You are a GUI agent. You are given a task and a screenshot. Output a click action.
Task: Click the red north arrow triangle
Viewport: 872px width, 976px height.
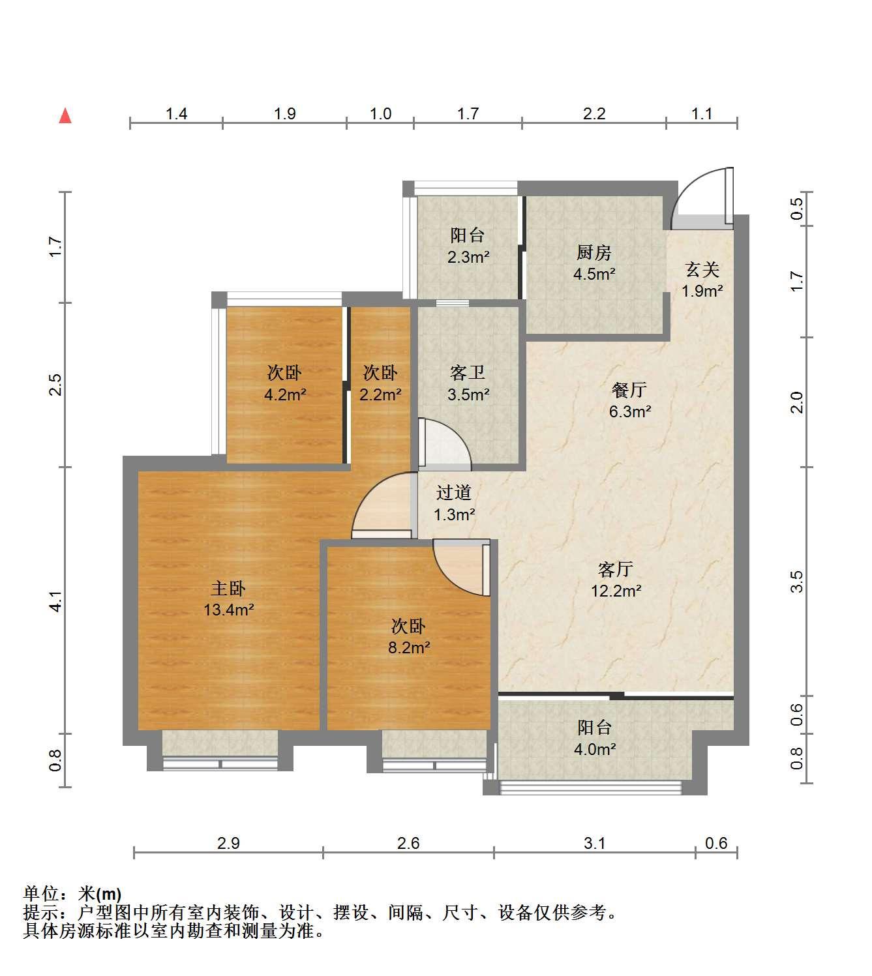[65, 116]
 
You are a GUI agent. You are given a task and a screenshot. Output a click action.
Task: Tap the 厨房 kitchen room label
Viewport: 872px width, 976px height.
[594, 252]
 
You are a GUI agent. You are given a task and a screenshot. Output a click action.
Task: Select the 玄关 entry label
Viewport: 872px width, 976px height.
[702, 269]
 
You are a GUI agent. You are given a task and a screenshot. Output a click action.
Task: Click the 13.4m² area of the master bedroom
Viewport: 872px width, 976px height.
[228, 610]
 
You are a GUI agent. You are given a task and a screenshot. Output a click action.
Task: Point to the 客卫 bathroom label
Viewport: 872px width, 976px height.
[467, 373]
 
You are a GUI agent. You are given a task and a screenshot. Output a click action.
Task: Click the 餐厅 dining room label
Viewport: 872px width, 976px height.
[629, 390]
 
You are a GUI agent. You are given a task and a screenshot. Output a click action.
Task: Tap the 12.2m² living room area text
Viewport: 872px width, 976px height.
[616, 591]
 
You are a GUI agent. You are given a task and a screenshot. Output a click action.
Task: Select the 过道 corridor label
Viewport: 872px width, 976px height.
[453, 492]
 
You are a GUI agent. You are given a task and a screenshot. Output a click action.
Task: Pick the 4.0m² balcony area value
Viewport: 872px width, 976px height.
[595, 750]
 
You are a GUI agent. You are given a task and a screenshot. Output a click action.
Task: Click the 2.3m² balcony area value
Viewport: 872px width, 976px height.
[468, 258]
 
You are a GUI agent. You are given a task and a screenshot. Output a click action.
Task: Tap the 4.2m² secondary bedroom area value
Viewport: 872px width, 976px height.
[285, 395]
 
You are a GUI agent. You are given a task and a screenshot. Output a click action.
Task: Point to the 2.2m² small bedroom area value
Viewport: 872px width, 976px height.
[380, 395]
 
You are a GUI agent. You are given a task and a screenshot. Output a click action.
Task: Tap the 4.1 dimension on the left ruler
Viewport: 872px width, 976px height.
[56, 602]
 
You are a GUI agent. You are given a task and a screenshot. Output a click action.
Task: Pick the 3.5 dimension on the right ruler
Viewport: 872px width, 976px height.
[797, 582]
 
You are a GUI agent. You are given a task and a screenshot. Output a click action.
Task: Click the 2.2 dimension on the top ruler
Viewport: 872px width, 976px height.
[594, 114]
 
